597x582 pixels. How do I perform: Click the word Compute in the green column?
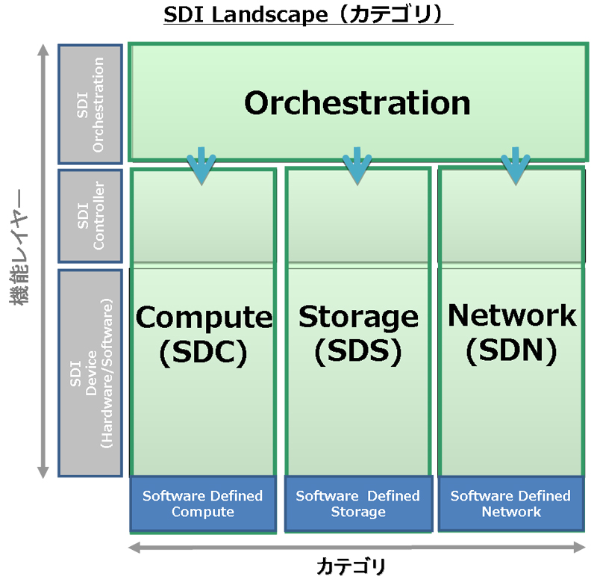coord(204,318)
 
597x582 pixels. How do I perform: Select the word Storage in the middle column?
coord(358,317)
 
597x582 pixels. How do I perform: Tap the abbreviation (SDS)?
coord(358,352)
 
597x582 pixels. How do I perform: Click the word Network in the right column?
coord(512,315)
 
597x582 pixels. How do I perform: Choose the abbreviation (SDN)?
coord(512,350)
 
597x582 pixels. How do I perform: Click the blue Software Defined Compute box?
coord(203,504)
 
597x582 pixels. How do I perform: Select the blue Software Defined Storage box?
coord(358,504)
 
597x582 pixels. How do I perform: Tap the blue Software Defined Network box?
coord(511,504)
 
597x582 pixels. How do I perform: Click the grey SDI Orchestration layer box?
coord(90,103)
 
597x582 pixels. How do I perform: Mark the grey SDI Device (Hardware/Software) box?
coord(90,373)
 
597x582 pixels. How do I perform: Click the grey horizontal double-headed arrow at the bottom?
coord(357,548)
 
